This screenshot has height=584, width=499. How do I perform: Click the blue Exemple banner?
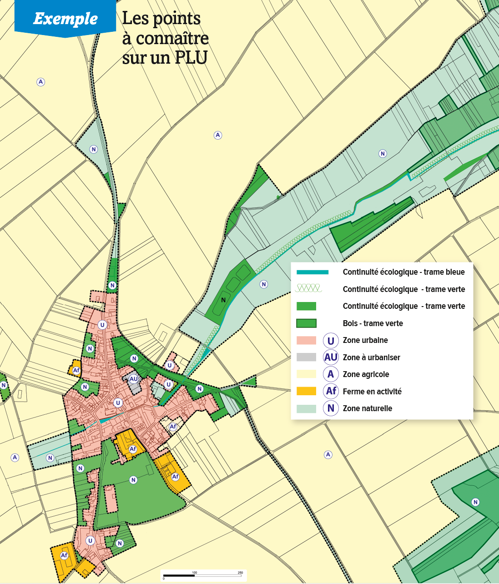click(65, 18)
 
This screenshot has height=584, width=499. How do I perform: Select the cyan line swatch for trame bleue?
click(312, 272)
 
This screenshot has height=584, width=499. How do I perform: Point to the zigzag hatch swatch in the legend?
click(308, 288)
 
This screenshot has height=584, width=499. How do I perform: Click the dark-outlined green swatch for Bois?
click(306, 323)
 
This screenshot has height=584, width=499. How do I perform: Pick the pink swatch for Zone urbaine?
click(306, 340)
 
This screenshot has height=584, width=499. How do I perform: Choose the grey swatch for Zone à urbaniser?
click(306, 357)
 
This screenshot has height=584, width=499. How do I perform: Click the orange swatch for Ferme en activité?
click(306, 391)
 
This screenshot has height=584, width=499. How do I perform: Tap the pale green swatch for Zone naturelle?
click(306, 408)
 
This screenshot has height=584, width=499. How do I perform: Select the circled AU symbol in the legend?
click(331, 357)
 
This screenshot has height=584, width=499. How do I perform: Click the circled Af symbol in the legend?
click(331, 391)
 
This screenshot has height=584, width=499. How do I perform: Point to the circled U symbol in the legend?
click(331, 340)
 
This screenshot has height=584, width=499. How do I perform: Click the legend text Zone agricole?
click(366, 374)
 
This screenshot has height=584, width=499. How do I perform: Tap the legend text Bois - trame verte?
click(373, 323)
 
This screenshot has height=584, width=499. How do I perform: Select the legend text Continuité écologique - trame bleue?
click(403, 272)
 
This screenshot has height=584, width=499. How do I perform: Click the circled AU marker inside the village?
click(133, 379)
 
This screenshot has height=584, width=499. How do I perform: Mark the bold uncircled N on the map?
click(223, 300)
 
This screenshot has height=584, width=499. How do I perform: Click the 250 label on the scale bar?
click(240, 573)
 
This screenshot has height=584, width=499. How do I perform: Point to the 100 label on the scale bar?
click(194, 573)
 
